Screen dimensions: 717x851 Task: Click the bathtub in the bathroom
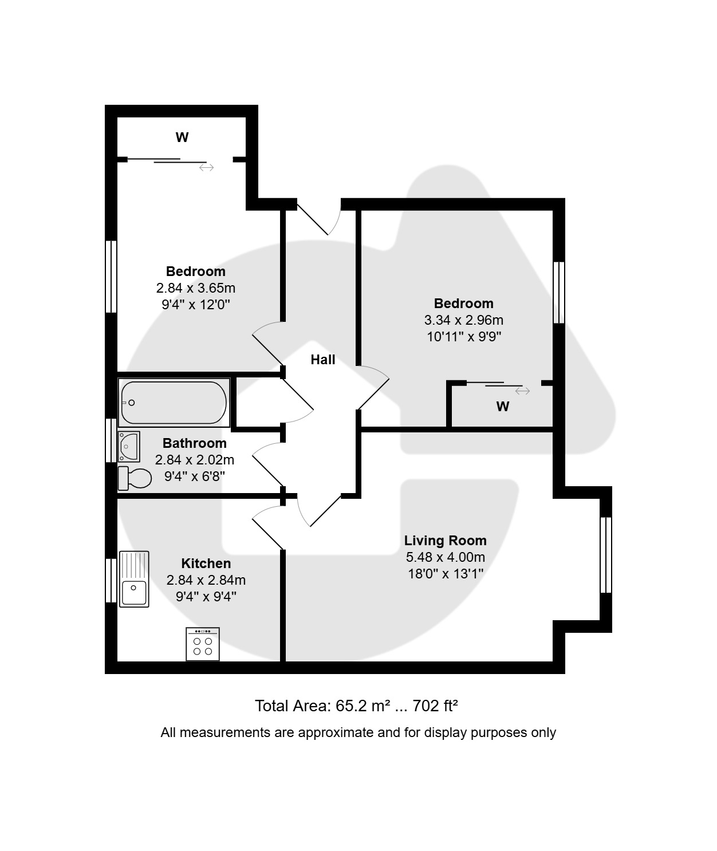click(174, 402)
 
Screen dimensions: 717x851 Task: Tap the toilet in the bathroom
click(135, 478)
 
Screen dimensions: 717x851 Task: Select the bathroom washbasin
click(129, 447)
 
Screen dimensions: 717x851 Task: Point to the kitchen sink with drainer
click(134, 579)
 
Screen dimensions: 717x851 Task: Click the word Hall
click(323, 360)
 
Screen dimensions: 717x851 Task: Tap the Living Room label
click(445, 541)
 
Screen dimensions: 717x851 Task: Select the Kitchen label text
click(206, 564)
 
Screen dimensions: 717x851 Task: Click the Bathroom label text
click(195, 443)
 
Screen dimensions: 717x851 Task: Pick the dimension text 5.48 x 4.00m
click(445, 557)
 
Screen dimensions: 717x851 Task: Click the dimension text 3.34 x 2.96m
click(464, 320)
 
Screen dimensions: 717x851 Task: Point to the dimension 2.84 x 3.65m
click(196, 288)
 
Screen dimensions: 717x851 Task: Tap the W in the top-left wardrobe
click(182, 137)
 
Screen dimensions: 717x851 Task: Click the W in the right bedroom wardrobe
click(503, 407)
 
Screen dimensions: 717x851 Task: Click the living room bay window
click(606, 555)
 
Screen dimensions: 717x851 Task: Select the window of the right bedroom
click(559, 293)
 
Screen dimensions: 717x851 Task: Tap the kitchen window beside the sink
click(111, 580)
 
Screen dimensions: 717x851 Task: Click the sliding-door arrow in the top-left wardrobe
click(206, 168)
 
